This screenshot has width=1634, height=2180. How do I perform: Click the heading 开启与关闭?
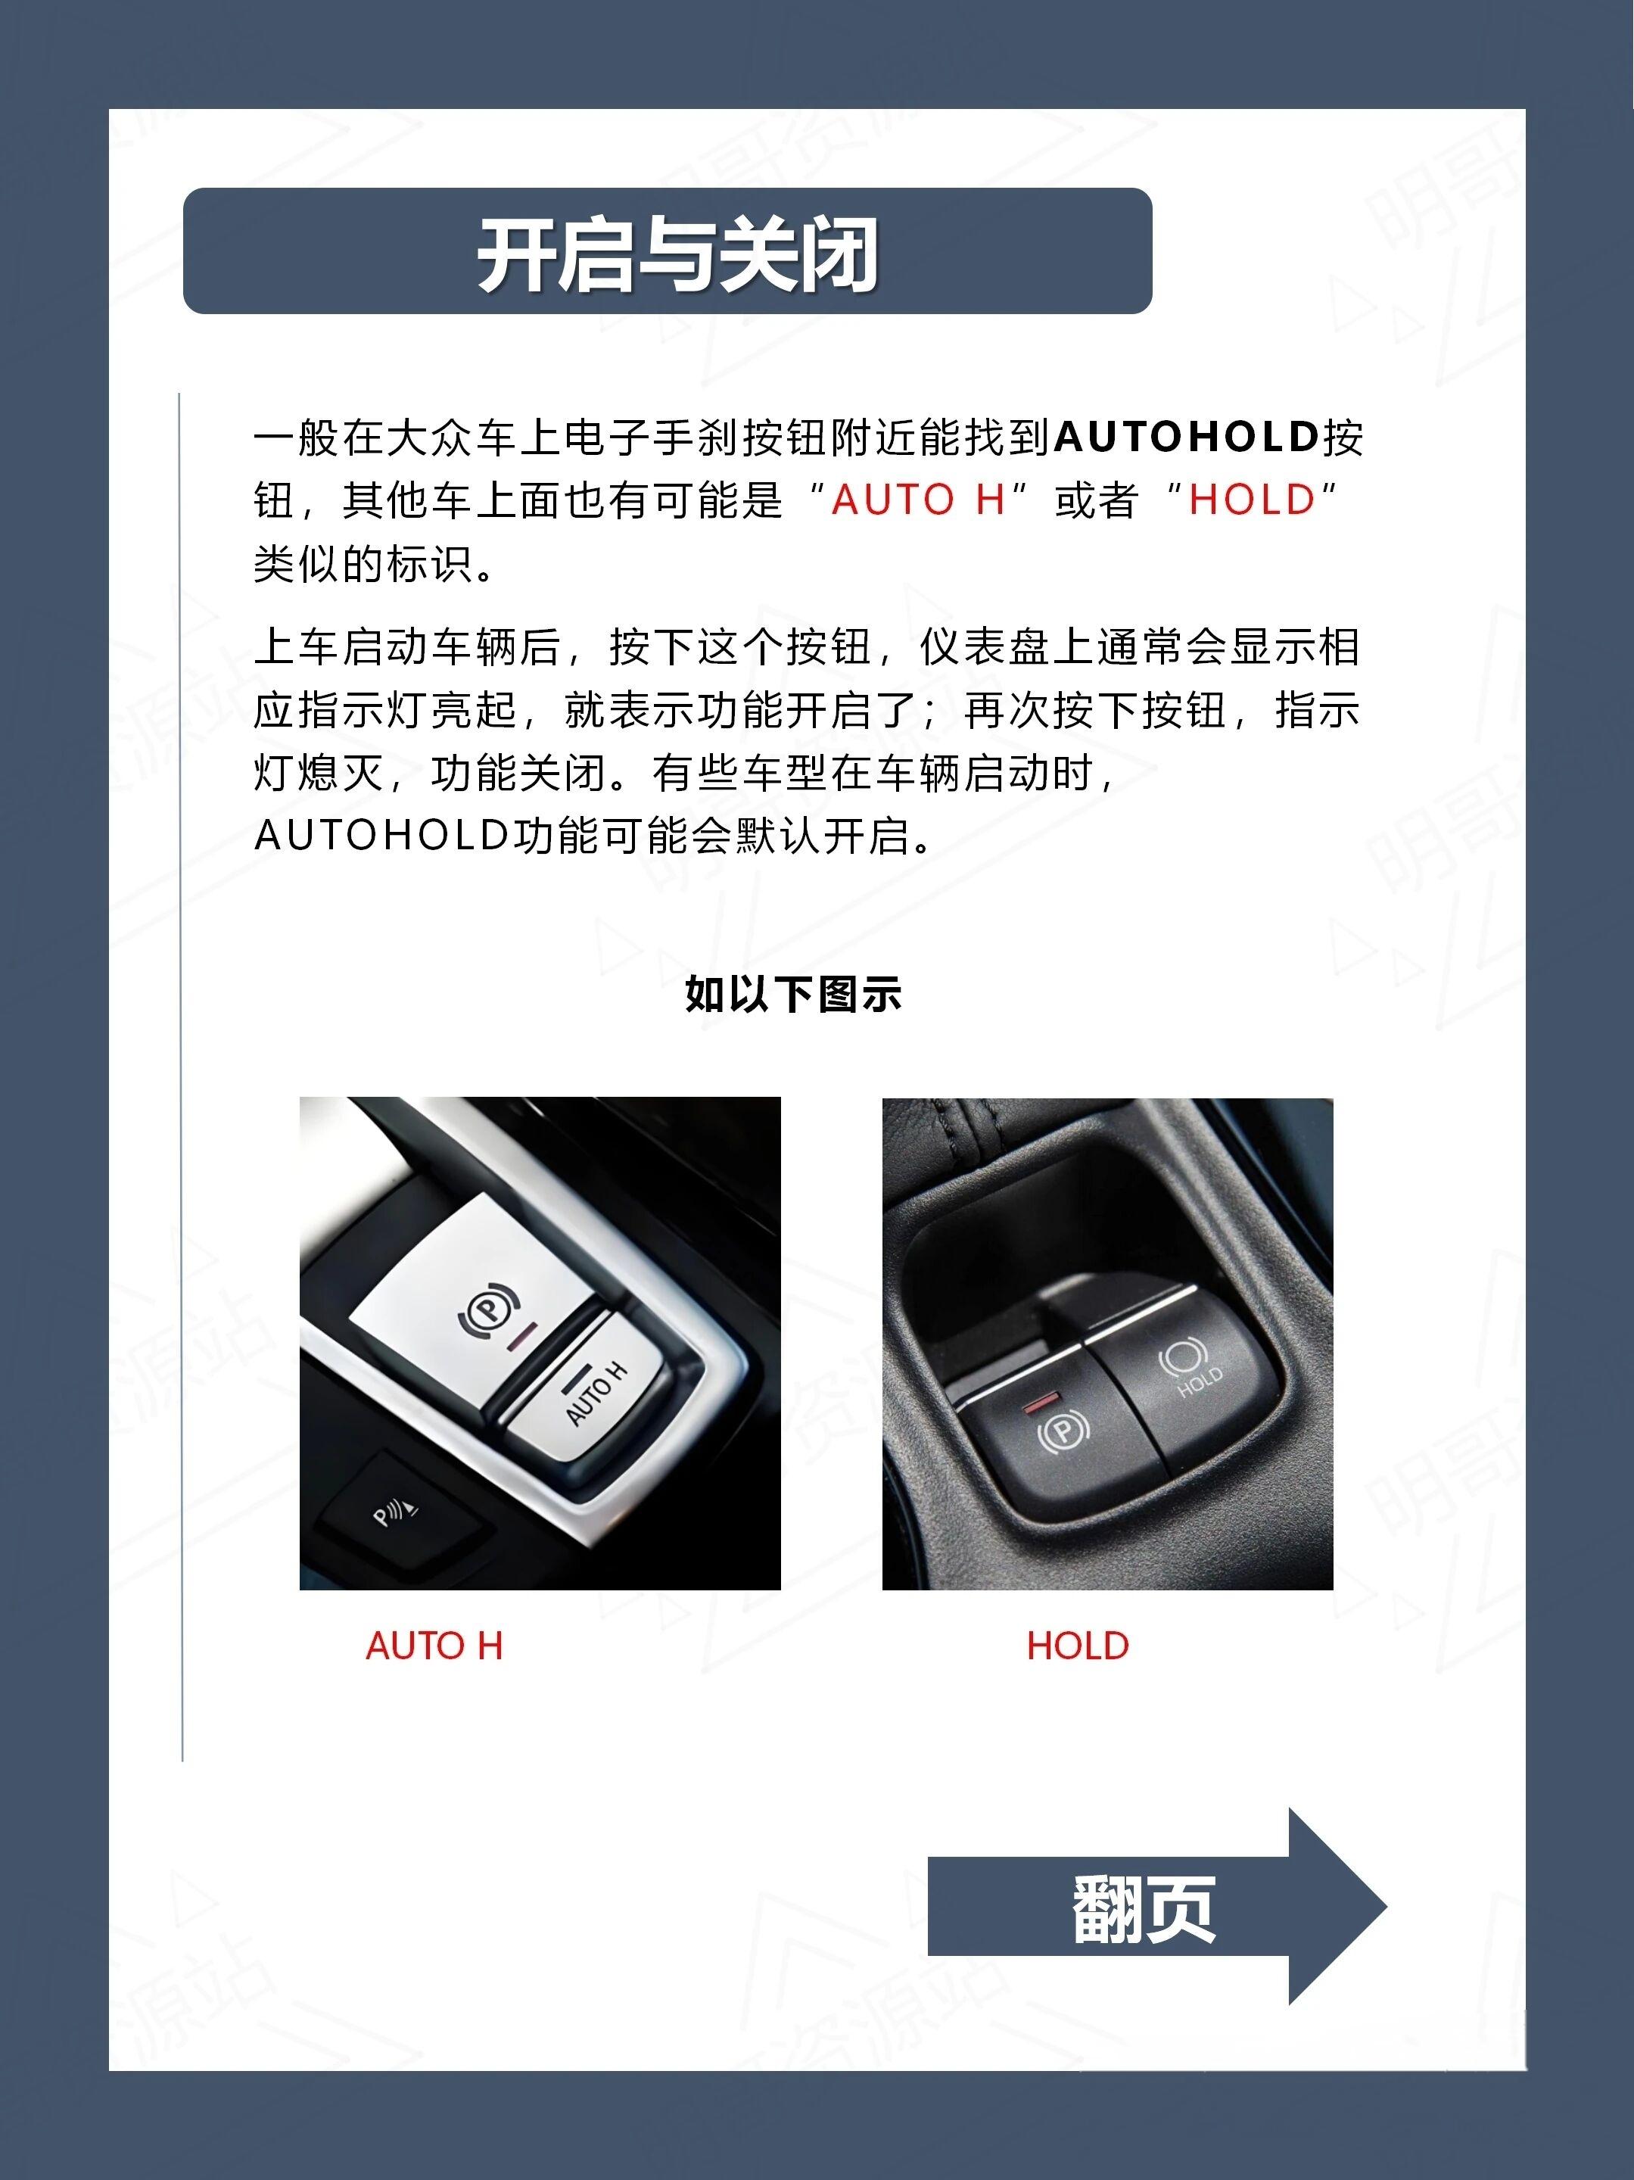(677, 254)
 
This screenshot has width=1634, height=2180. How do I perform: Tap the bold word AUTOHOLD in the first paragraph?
(1186, 437)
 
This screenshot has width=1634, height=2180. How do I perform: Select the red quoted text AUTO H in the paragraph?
(917, 500)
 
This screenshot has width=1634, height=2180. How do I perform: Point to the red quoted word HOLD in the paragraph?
(1252, 500)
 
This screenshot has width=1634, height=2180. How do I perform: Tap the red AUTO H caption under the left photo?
(434, 1646)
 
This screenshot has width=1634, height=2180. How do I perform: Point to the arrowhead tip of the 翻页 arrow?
(1386, 1906)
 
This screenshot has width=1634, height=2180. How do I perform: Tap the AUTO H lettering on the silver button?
(596, 1394)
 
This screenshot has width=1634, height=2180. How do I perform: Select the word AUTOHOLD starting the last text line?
(381, 836)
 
